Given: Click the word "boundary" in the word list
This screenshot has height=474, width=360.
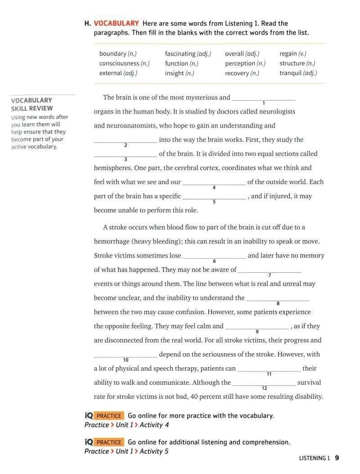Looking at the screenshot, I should click(x=112, y=54).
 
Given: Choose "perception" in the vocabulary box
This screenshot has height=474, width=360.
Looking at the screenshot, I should click(x=240, y=63).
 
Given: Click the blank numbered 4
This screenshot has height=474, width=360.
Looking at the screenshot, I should click(x=214, y=182).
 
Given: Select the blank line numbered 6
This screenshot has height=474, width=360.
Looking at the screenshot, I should click(x=214, y=256).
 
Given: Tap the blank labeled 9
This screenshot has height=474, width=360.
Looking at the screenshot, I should click(x=256, y=326).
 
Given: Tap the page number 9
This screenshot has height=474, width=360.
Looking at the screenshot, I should click(x=337, y=458).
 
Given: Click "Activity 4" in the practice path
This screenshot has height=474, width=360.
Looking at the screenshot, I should click(x=154, y=425).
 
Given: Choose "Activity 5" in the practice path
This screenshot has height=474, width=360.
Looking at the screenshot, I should click(x=154, y=451).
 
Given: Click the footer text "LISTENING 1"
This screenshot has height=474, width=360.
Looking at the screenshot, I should click(x=314, y=459).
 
